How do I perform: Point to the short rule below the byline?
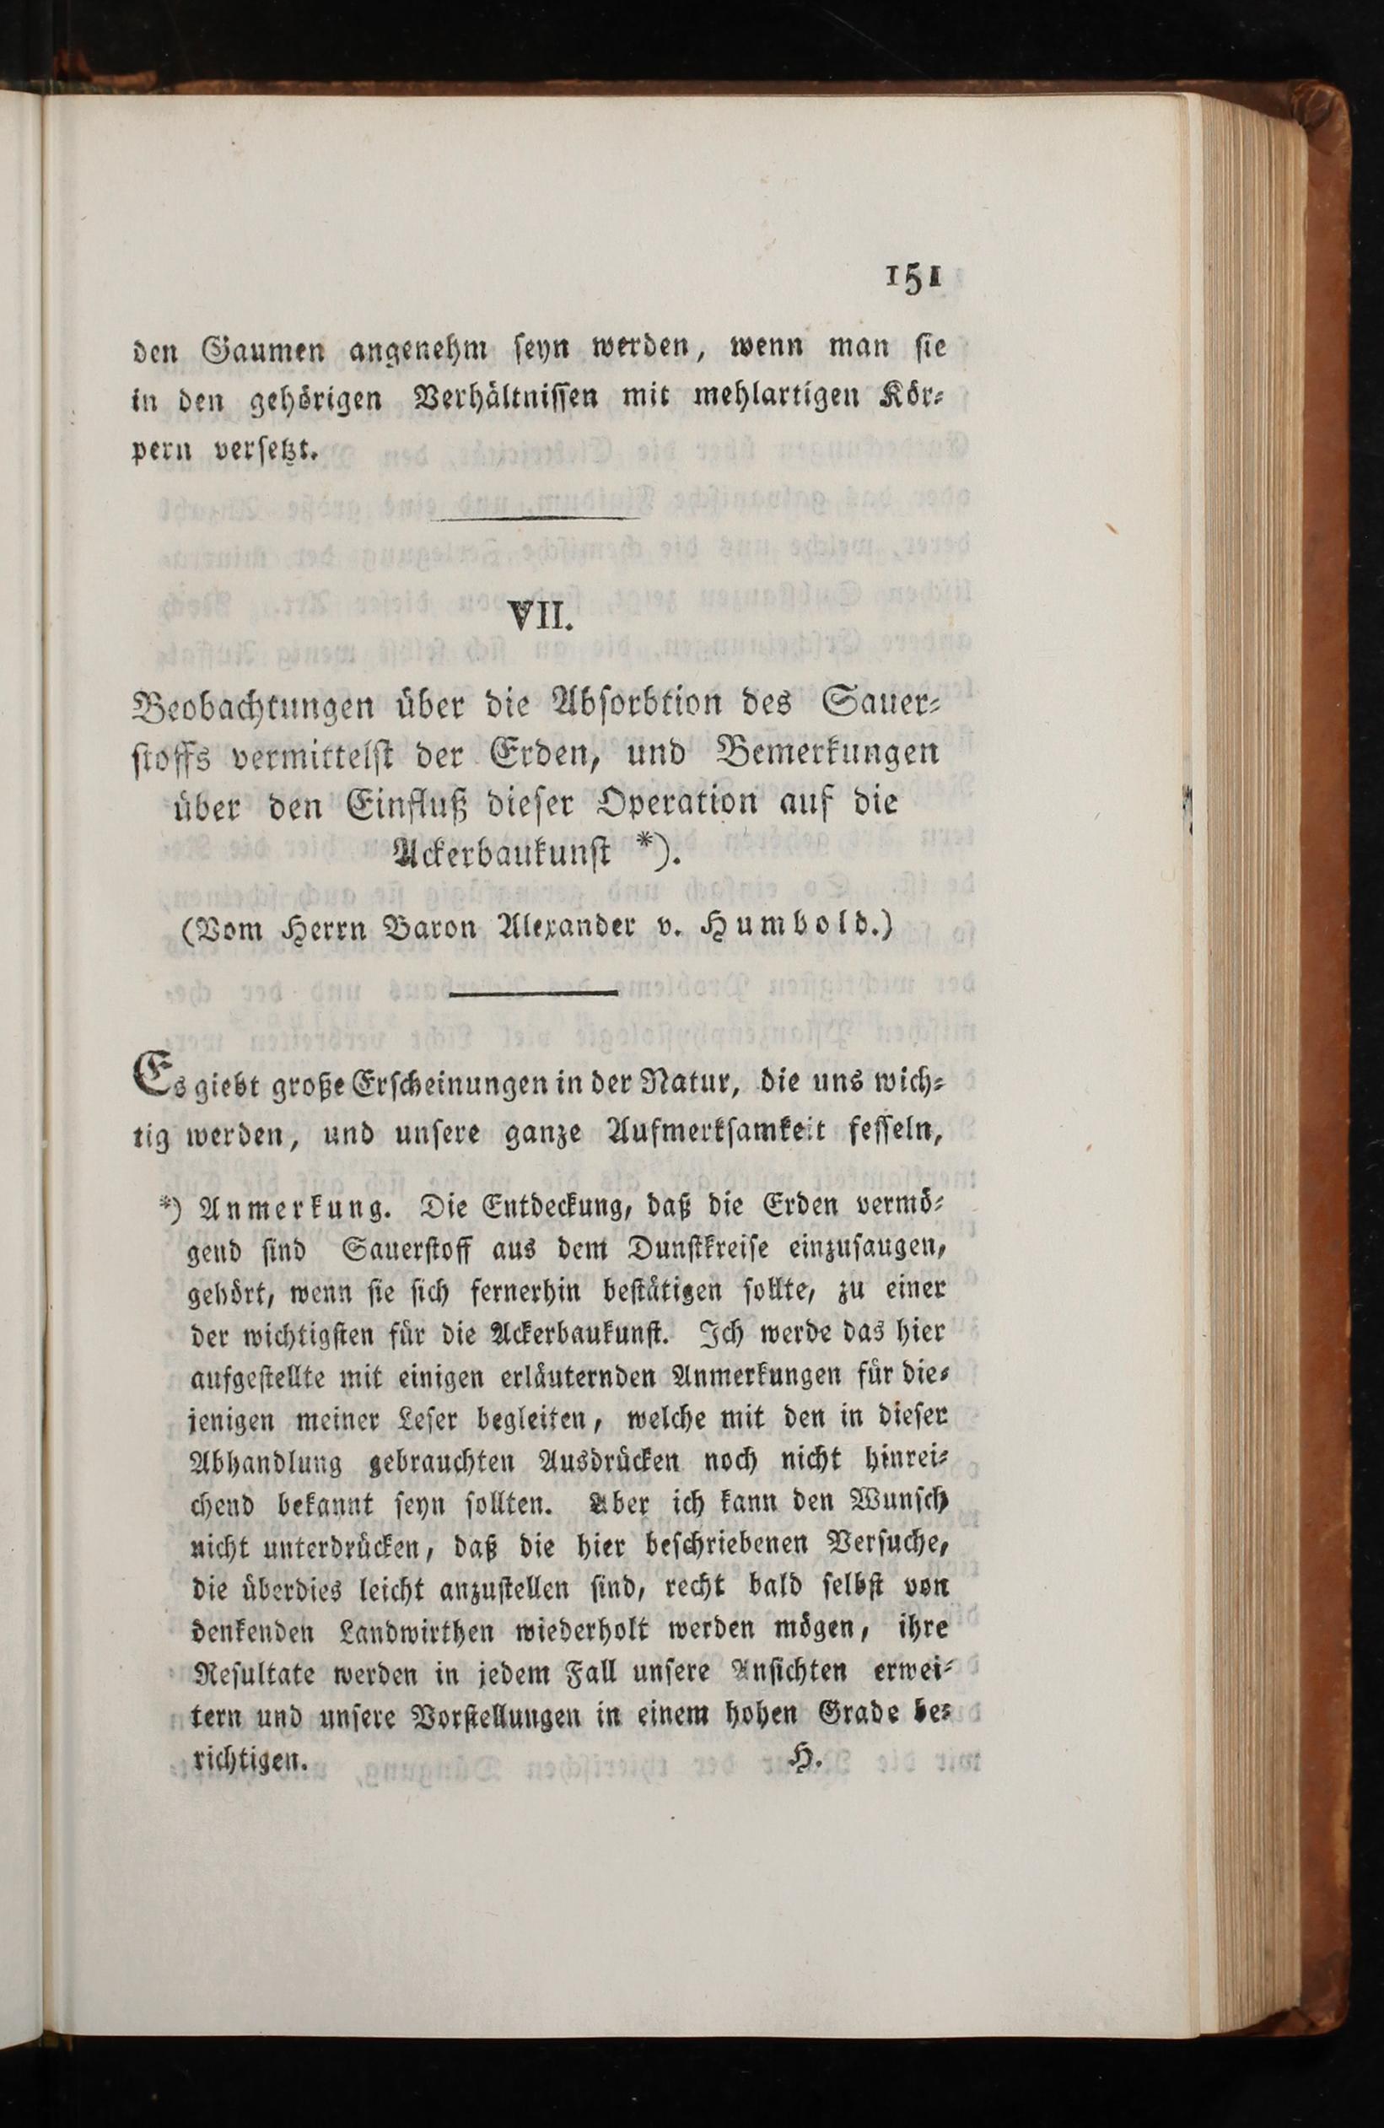coord(536,994)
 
